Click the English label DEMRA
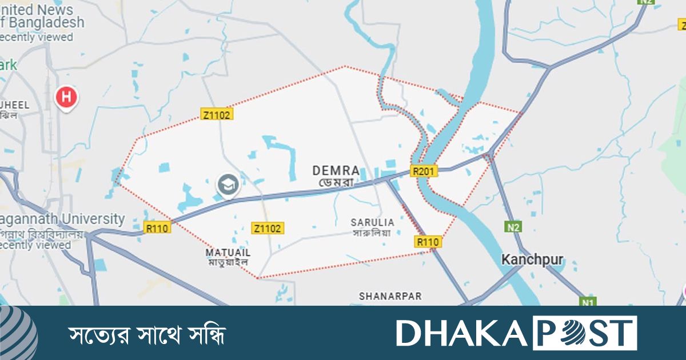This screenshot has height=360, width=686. (336, 170)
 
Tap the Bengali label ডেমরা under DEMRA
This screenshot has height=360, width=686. (336, 183)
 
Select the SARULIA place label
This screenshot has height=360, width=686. (372, 222)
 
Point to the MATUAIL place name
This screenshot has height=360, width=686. (228, 252)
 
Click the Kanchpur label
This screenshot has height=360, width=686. (532, 260)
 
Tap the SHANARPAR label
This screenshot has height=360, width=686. (390, 296)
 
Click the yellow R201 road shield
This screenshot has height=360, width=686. (424, 171)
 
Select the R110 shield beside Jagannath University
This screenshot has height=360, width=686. (157, 228)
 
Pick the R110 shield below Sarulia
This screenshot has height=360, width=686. (428, 242)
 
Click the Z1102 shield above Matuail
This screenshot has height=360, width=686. (268, 229)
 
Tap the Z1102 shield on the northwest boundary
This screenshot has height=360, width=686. (217, 114)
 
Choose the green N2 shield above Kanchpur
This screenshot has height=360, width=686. (513, 227)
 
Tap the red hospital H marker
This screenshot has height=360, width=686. (66, 97)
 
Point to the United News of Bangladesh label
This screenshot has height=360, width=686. (40, 17)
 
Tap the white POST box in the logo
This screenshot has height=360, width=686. (584, 333)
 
